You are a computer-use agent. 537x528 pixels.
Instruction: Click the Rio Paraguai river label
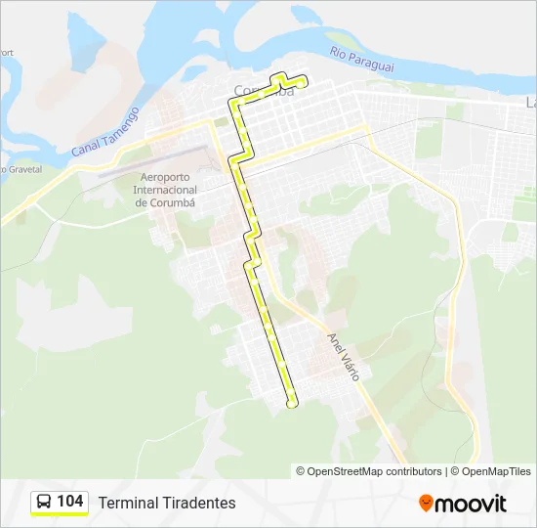point(361,59)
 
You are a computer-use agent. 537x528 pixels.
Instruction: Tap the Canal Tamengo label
point(104,132)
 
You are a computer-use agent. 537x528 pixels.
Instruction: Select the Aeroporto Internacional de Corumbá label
point(166,190)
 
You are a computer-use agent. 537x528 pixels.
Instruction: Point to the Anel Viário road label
point(344,355)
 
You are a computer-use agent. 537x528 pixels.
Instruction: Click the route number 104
point(70,502)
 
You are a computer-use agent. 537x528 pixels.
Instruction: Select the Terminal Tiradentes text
point(167,503)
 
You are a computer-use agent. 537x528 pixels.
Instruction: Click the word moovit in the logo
point(471,504)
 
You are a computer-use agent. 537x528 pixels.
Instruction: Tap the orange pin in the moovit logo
point(426,504)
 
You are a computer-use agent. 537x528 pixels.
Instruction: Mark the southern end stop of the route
point(292,404)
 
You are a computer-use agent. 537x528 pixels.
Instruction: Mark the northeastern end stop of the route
point(304,83)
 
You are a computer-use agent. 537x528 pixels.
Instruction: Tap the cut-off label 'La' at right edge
point(530,102)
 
